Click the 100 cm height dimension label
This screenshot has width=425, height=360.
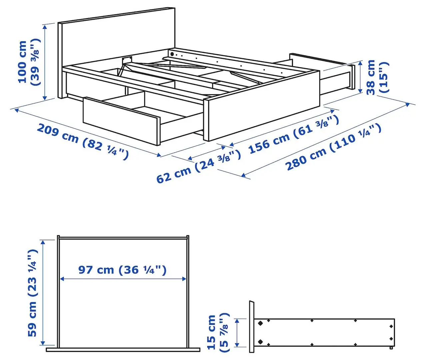28,62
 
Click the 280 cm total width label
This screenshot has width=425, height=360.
333,146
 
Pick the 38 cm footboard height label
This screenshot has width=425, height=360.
377,77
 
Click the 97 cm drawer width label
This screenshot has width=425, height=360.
122,269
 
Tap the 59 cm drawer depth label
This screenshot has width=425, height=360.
32,293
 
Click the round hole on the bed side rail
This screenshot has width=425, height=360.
172,53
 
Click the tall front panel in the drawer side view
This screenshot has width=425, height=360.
252,327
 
